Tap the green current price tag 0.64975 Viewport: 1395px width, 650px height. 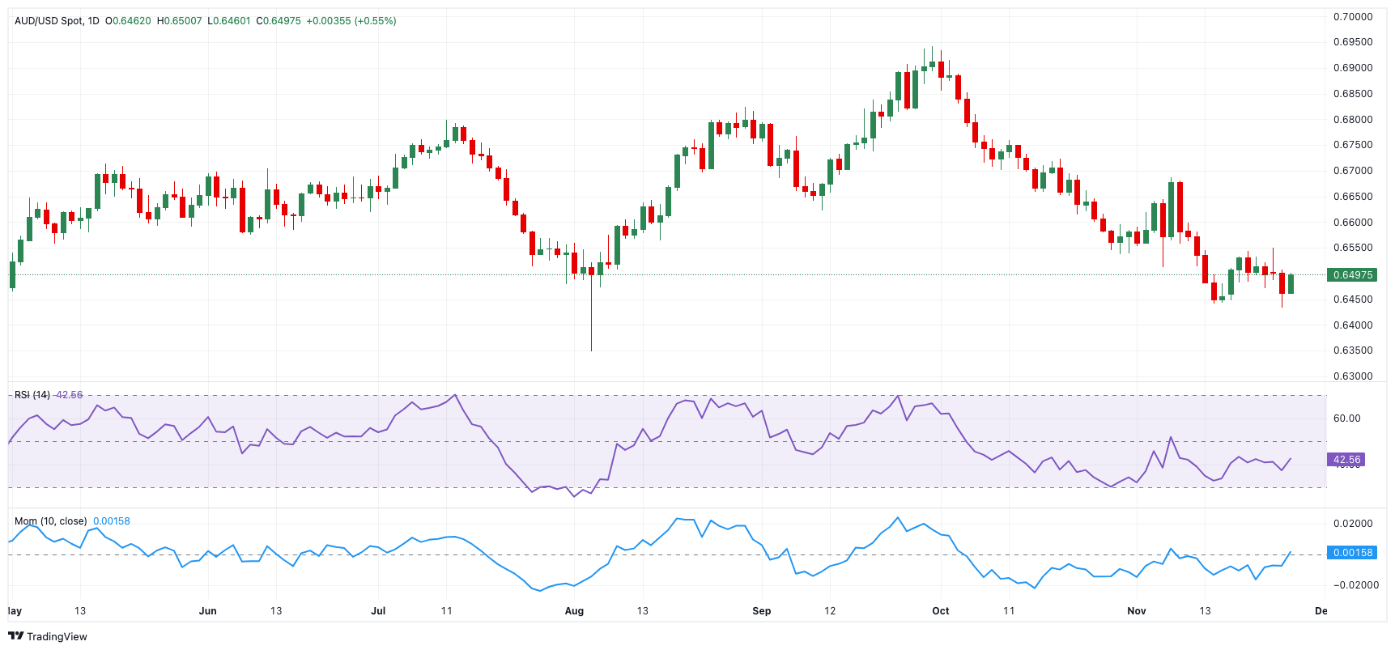[1352, 275]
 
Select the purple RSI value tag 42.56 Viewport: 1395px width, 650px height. [1346, 460]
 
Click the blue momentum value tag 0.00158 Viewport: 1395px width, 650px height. [1352, 553]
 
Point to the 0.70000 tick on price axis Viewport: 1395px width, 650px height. [1352, 17]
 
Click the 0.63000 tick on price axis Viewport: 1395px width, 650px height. [1352, 376]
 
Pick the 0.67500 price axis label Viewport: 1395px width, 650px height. [1352, 145]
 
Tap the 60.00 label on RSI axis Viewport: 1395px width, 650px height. [1346, 418]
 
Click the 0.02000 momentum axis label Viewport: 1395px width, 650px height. [1352, 524]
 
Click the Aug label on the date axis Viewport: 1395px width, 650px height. [574, 611]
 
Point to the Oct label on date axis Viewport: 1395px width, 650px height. [940, 611]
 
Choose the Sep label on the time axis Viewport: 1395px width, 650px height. [761, 611]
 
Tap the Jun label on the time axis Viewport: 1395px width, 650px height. [207, 611]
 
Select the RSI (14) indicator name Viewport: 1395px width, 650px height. [32, 395]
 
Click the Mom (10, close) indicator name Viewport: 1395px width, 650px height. [50, 521]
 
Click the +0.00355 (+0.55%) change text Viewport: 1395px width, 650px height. [351, 21]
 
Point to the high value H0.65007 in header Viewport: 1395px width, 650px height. [179, 21]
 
